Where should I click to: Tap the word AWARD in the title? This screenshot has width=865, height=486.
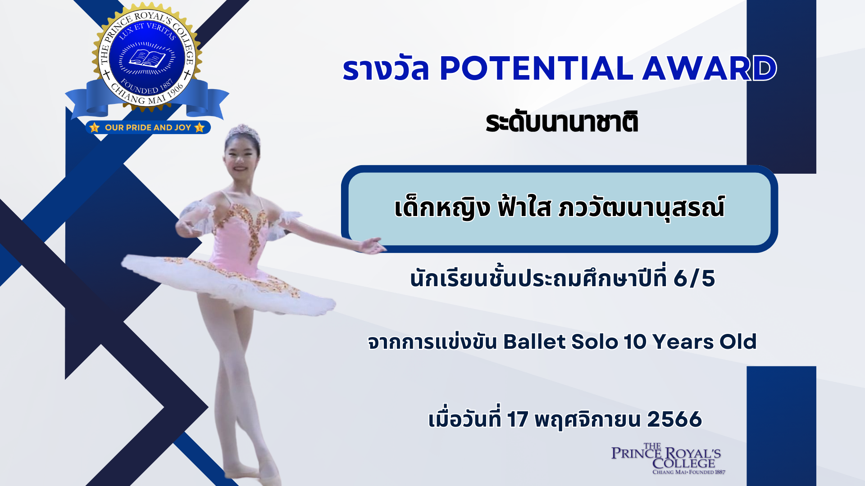coord(709,69)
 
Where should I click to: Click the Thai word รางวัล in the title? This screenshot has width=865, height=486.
coord(386,69)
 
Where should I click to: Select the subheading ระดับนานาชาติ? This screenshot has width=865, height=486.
coord(562,122)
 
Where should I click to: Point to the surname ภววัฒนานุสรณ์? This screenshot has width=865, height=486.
coord(641,208)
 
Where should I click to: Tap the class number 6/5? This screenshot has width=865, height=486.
coord(694,279)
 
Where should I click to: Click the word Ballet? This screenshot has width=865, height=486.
coord(534,342)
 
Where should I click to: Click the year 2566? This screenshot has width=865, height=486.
coord(674,419)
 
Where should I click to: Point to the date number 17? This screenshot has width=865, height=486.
coord(517,419)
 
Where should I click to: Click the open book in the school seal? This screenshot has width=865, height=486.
coord(147,59)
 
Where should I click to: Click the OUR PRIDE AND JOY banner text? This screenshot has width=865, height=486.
coord(148,127)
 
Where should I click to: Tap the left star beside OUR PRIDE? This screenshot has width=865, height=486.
coord(94,127)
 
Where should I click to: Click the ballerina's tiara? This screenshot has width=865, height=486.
coord(243,132)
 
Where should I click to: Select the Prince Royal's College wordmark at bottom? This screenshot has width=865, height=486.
coord(666,459)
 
